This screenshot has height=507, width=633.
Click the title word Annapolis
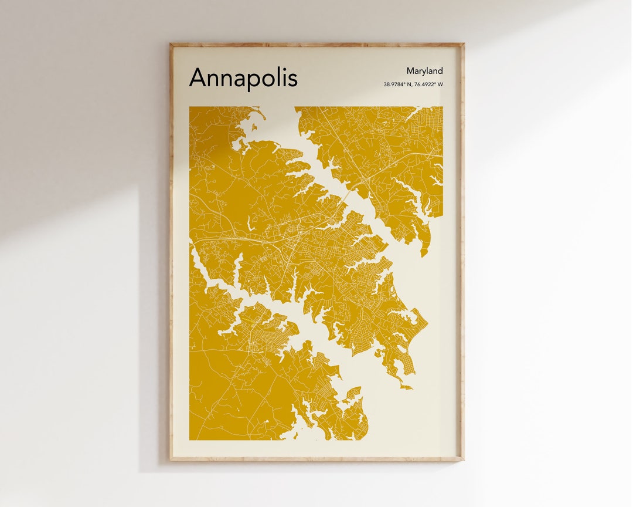click(x=243, y=78)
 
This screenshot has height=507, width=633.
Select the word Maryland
click(x=424, y=71)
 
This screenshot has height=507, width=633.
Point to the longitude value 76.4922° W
click(x=429, y=84)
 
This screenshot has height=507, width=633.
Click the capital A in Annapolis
click(x=198, y=77)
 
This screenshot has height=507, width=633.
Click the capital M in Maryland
click(x=410, y=71)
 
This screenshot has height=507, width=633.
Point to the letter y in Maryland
click(x=424, y=72)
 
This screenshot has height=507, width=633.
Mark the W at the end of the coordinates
click(x=440, y=84)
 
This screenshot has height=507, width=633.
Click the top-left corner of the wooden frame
click(x=171, y=44)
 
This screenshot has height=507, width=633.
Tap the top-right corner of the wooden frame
click(x=463, y=44)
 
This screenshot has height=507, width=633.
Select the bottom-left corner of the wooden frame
click(x=171, y=459)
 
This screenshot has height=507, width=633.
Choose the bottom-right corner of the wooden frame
click(x=463, y=459)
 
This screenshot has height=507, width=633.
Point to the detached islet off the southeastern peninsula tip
click(x=406, y=387)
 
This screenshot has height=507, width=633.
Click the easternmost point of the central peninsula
click(x=427, y=322)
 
